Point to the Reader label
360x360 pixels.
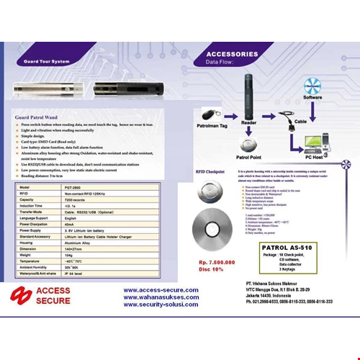point(248,122)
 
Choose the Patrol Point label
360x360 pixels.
point(248,156)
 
